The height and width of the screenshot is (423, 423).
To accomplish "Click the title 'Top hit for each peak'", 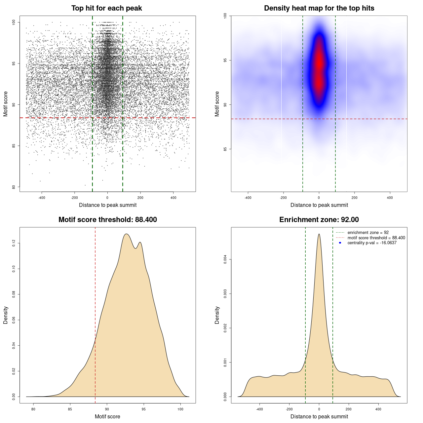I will point(106,8).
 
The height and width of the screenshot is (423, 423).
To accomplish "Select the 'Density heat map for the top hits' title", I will point(319,8).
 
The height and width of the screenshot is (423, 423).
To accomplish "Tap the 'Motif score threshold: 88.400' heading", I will point(107,220).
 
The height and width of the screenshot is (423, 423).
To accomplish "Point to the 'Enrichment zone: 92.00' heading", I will point(319,220).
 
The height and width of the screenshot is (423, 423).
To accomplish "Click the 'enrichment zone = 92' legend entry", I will point(368,233).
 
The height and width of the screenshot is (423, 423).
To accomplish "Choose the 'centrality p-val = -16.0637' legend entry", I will point(372,243).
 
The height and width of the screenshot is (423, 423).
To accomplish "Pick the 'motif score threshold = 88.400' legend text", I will point(376,238).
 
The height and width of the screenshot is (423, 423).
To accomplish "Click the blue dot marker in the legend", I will point(340,243).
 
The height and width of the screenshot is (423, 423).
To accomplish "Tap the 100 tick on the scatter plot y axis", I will point(14,22).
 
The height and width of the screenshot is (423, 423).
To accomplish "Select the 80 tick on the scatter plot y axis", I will point(14,187).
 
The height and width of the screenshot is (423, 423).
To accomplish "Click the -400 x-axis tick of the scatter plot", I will point(42,198).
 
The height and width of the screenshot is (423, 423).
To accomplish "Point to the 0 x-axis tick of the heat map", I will point(319,198).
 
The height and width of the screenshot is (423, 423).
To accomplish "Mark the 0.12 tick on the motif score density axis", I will point(14,244).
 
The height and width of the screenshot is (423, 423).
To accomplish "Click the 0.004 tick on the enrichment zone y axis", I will point(225,260).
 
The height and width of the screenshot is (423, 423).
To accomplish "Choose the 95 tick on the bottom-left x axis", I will point(143,409).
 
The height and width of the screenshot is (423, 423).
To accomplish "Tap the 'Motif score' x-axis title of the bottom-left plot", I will point(107,416).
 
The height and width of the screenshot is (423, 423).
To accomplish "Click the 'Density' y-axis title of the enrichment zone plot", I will point(217,315).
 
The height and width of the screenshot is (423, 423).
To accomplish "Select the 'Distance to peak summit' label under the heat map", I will point(319,205).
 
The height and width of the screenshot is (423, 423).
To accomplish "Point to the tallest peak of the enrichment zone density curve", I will point(319,234).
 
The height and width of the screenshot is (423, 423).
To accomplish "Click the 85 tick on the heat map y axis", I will point(225,149).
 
